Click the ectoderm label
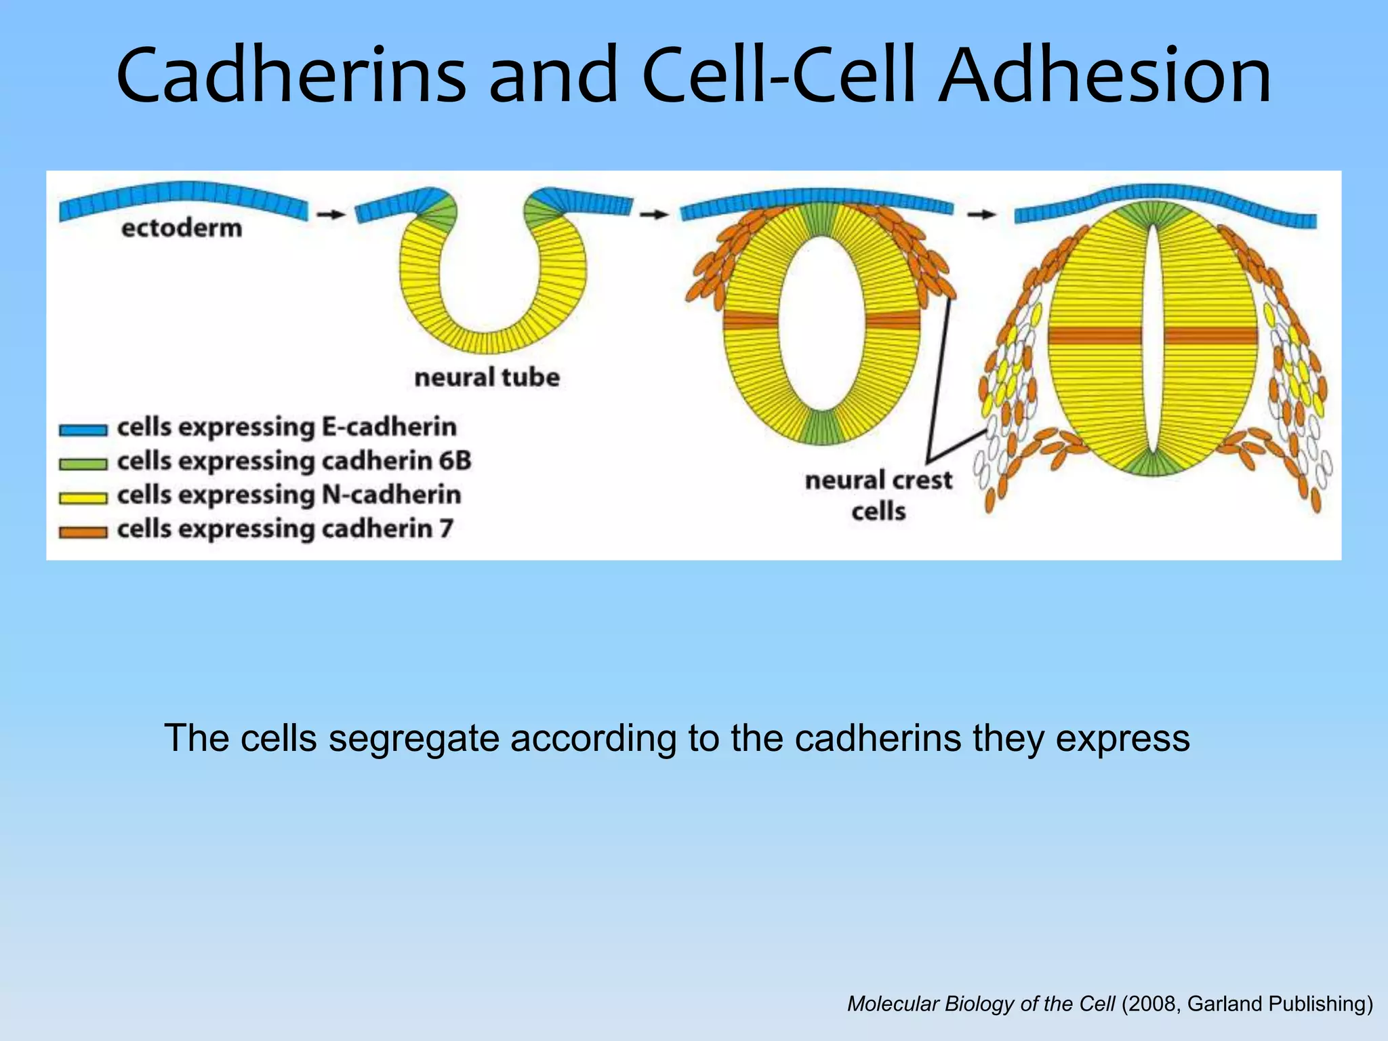(x=182, y=228)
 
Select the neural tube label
(x=487, y=377)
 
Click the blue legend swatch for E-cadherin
(x=83, y=430)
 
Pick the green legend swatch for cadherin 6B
(x=83, y=464)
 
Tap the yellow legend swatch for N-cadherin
(x=83, y=498)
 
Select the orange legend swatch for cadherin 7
(x=83, y=532)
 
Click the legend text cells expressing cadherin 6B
(x=293, y=462)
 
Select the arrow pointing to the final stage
(x=981, y=214)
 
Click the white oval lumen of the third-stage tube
(x=821, y=322)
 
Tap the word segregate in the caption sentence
(x=413, y=738)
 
